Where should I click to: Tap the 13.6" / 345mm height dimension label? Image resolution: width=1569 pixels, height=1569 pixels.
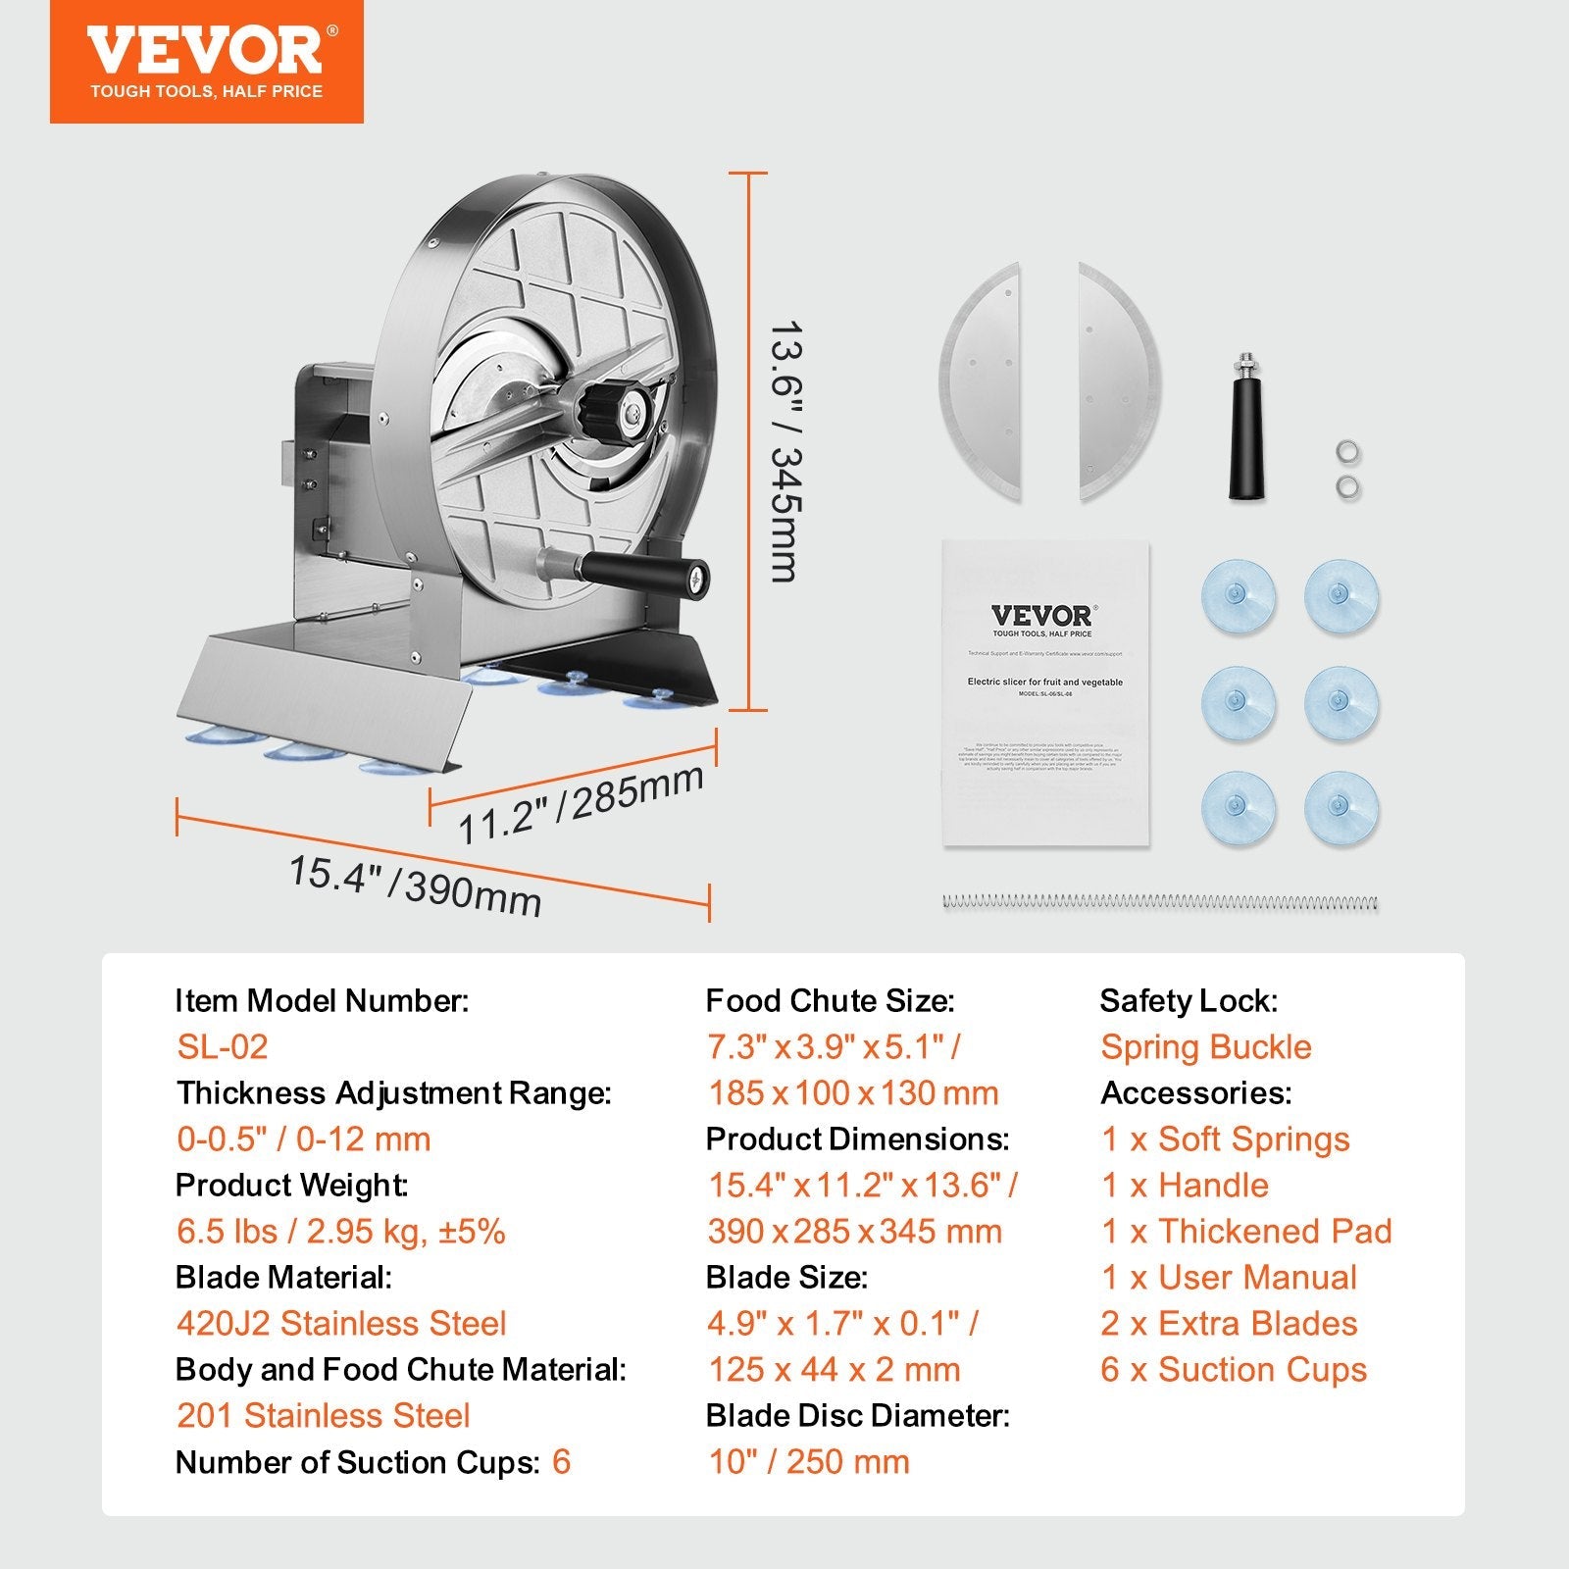[x=785, y=451]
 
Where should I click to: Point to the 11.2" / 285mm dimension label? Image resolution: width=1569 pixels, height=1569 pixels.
[x=581, y=803]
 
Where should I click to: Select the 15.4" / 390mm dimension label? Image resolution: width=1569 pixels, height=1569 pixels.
[x=414, y=885]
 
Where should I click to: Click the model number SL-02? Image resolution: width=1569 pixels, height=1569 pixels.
[x=223, y=1047]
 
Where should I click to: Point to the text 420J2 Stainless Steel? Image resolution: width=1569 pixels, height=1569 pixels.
[x=341, y=1324]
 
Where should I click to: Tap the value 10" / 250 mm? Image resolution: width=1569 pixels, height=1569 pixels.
[x=809, y=1462]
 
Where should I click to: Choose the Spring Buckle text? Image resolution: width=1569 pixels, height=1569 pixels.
[x=1205, y=1047]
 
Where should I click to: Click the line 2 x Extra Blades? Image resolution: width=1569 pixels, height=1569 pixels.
[x=1229, y=1324]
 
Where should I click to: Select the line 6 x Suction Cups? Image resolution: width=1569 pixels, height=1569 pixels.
[x=1234, y=1370]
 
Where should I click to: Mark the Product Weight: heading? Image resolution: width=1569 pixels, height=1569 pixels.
[x=291, y=1186]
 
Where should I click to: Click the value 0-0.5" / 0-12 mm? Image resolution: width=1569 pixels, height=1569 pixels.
[x=304, y=1139]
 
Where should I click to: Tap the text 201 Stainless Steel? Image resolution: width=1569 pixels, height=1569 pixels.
[x=324, y=1416]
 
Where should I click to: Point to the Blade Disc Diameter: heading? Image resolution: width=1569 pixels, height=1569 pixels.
[x=857, y=1416]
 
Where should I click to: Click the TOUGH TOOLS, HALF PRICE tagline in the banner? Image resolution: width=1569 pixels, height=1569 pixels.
[x=206, y=92]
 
